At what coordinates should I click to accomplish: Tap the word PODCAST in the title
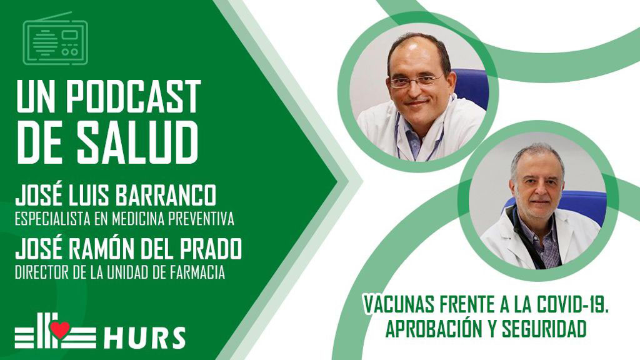click(134, 96)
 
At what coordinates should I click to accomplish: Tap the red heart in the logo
click(60, 329)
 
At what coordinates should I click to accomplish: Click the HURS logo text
click(144, 337)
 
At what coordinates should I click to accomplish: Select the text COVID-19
click(573, 304)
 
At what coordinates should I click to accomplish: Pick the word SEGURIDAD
click(544, 329)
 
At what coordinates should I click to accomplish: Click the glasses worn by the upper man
click(416, 81)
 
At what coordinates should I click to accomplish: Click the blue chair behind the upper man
click(471, 87)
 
